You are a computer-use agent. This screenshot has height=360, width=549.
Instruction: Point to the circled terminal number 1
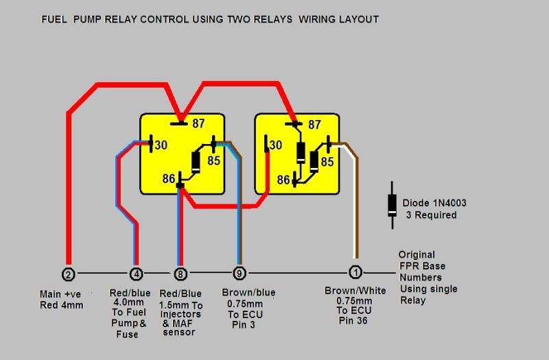[x=355, y=272]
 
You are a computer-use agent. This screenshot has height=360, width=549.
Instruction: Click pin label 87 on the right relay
[x=314, y=125]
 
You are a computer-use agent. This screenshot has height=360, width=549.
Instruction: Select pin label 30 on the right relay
[x=277, y=145]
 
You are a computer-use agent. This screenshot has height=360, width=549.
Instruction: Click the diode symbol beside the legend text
[x=392, y=203]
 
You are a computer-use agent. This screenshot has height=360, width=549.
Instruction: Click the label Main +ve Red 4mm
[x=64, y=300]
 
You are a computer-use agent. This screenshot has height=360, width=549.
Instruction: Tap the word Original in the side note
[x=417, y=254]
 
